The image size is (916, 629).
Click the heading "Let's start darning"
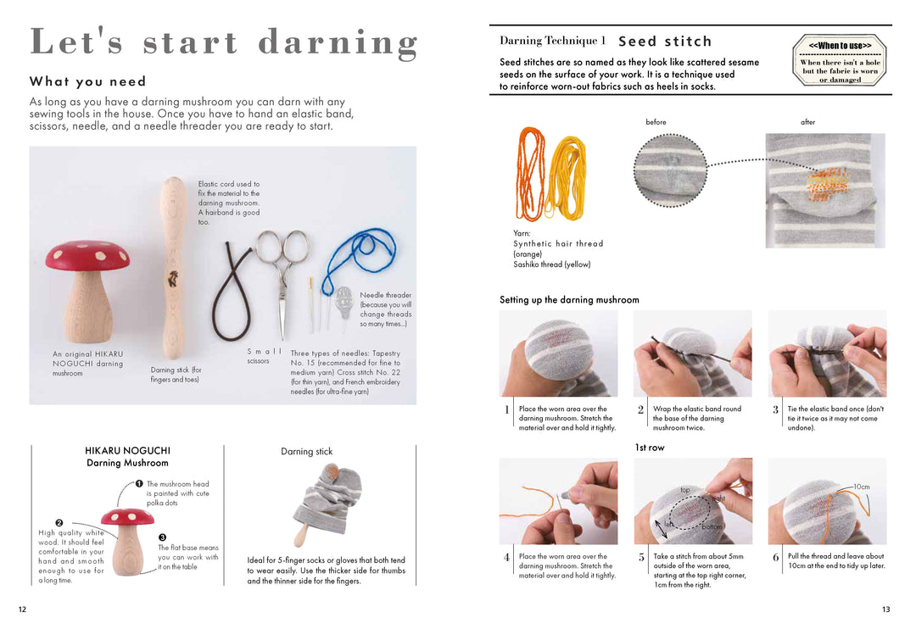pos(224,42)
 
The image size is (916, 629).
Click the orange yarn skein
pos(530,174)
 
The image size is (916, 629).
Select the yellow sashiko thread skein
pos(566,177)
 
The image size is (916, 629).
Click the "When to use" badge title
pos(840,46)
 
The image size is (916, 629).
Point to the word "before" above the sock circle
pos(656,122)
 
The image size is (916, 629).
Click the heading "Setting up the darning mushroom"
pos(569,299)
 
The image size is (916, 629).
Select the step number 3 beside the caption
pos(775,410)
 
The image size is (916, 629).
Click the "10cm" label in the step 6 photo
pos(862,487)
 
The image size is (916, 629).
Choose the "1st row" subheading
pos(650,448)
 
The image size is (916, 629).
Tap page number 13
pos(885,610)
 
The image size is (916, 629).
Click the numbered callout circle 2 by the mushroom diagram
pos(59,523)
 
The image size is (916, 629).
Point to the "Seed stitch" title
pos(665,42)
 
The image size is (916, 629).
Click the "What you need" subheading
pos(87,81)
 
